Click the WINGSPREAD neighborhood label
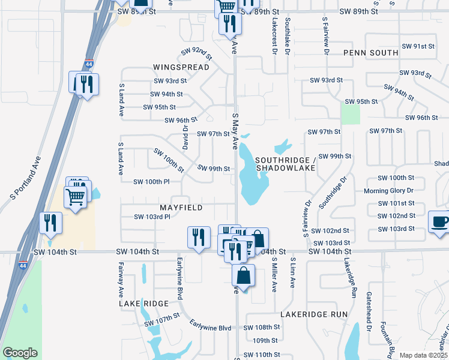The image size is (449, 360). tap(181, 67)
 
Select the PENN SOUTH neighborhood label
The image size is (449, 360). tap(371, 53)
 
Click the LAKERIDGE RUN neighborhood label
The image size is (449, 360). tap(314, 314)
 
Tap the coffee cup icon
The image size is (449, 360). tap(439, 222)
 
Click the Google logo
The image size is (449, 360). tap(20, 353)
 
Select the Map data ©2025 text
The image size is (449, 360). tap(424, 355)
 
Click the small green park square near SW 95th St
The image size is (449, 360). tap(351, 113)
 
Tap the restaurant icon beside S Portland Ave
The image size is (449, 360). tap(49, 223)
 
